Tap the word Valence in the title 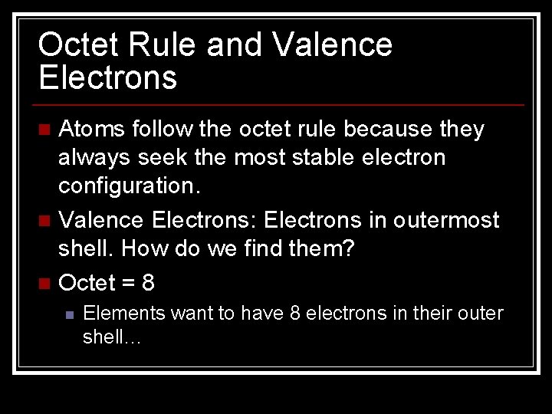332,45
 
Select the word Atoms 93,130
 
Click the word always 94,158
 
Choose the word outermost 446,221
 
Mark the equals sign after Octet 128,283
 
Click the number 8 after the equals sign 147,282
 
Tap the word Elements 123,314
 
